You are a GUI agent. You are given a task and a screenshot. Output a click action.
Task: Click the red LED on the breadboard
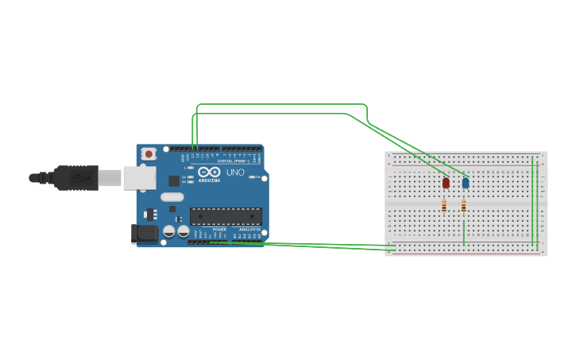(446, 183)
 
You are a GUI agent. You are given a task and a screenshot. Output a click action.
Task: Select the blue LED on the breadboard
(466, 183)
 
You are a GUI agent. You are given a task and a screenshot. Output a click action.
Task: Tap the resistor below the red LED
(444, 206)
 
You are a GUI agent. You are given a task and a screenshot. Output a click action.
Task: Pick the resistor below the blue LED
(464, 206)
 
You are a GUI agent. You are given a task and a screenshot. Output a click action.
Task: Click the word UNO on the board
(235, 172)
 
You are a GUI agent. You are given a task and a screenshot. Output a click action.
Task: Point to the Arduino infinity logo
(210, 172)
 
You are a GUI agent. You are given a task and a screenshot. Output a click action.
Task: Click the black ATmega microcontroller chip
(226, 215)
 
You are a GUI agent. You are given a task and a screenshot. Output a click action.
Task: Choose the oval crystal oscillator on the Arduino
(172, 197)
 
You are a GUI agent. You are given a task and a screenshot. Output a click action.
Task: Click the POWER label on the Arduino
(219, 229)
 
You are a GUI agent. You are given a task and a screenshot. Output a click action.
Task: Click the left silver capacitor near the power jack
(169, 231)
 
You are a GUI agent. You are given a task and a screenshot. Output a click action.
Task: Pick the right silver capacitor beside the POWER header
(184, 231)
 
